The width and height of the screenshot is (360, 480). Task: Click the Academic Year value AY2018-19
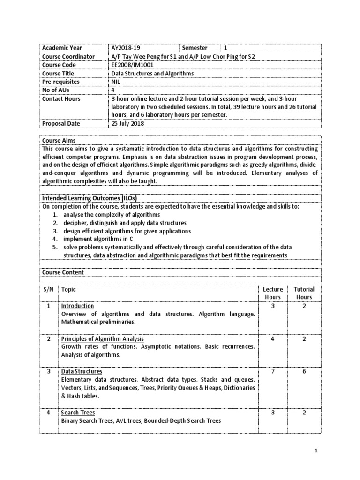(x=126, y=48)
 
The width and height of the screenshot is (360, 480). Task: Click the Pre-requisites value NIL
(x=116, y=82)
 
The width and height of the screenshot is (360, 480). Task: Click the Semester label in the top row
(x=195, y=48)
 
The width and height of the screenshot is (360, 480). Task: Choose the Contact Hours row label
(x=61, y=99)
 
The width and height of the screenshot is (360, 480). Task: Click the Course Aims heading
(x=59, y=140)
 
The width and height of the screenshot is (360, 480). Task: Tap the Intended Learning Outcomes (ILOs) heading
(x=90, y=198)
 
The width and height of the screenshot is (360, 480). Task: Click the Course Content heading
(x=63, y=272)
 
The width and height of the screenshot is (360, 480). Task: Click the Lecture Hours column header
(x=272, y=293)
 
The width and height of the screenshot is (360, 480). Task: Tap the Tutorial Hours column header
(x=304, y=293)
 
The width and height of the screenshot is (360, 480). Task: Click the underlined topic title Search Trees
(x=78, y=412)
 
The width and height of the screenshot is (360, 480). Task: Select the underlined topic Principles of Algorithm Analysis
(x=103, y=338)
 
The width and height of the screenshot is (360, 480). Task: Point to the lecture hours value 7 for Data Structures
(x=272, y=372)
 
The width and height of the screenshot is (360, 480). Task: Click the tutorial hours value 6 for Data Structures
(x=304, y=372)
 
